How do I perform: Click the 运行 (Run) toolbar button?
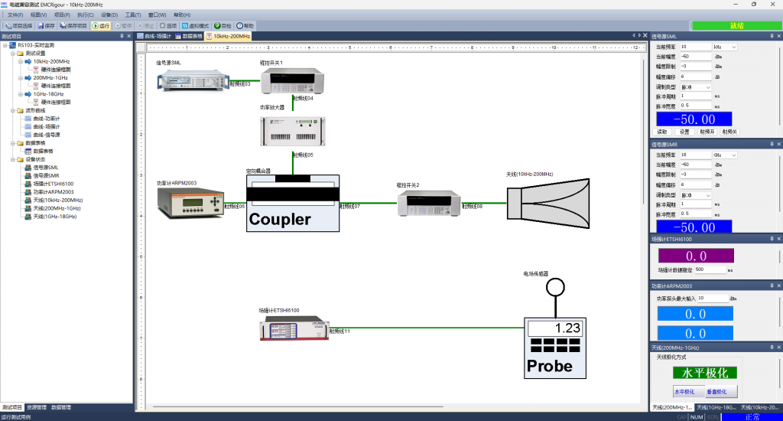tap(101, 25)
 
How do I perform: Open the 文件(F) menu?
tap(15, 15)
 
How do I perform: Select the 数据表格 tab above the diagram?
tap(189, 36)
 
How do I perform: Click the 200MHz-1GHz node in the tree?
tap(50, 77)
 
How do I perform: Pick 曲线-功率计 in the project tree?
tap(47, 118)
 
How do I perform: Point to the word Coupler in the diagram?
tap(280, 220)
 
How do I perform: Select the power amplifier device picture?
tap(293, 131)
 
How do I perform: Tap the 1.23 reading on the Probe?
tap(567, 327)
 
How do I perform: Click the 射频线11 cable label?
tap(339, 331)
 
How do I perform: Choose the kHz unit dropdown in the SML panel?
tap(725, 47)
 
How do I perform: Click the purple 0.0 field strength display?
tap(696, 256)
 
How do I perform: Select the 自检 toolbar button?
tap(223, 25)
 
